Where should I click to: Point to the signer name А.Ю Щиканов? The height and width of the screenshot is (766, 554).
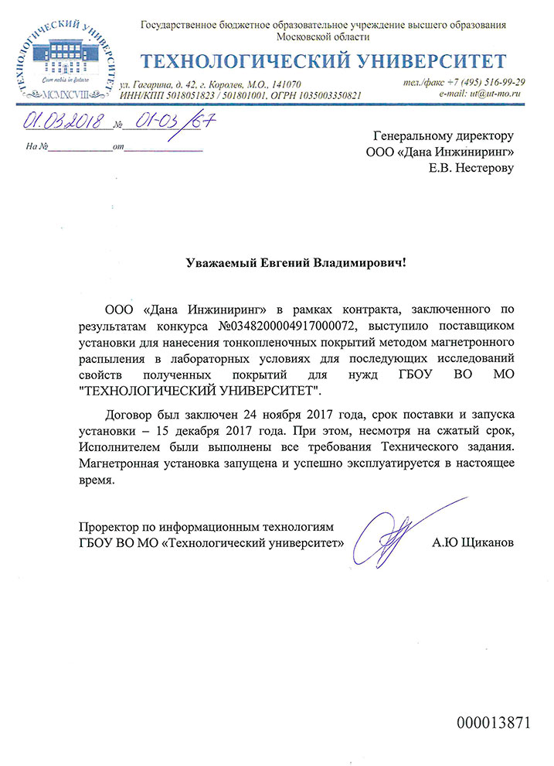point(472,542)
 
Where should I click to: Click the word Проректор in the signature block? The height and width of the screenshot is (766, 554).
point(107,525)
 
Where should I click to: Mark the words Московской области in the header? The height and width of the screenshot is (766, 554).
point(323,36)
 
